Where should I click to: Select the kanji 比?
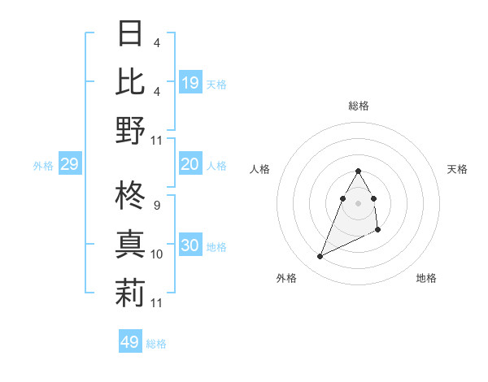tap(130, 81)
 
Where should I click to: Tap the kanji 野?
tap(130, 130)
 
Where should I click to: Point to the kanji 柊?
tap(130, 196)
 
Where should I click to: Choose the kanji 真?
tap(130, 245)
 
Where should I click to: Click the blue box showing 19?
tap(190, 83)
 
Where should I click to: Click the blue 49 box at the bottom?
tap(129, 342)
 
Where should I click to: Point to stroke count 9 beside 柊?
tap(156, 205)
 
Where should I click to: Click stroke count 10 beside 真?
tap(157, 254)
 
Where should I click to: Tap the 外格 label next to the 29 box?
tap(43, 166)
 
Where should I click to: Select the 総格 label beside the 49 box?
tap(156, 344)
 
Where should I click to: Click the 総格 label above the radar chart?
tap(359, 106)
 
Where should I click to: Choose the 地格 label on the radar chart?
tap(426, 278)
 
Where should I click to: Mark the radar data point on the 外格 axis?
tap(320, 257)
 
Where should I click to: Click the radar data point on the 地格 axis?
tap(378, 231)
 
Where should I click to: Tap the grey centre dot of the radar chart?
tap(359, 202)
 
